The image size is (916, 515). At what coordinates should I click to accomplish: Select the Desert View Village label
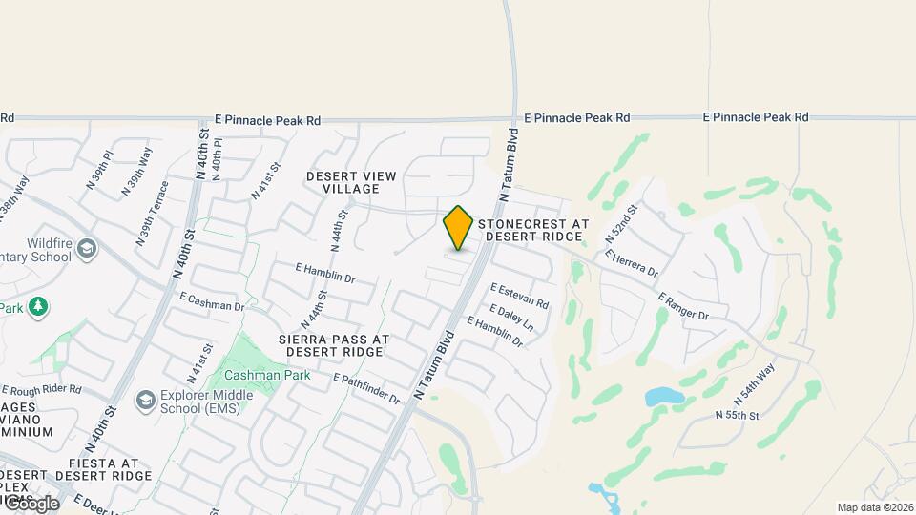(343, 182)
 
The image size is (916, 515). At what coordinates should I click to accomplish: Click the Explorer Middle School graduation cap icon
(146, 398)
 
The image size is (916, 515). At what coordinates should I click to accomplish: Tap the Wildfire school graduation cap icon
(88, 249)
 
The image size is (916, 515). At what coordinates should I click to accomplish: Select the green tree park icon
(38, 307)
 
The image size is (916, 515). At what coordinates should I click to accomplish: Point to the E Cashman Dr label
(212, 303)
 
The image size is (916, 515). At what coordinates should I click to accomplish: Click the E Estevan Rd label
(520, 296)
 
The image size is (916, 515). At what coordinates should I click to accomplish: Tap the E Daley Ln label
(510, 319)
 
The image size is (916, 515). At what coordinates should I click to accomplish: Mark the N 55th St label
(737, 416)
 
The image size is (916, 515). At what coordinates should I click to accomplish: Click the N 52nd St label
(619, 229)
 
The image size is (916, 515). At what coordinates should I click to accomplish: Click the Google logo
(31, 503)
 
